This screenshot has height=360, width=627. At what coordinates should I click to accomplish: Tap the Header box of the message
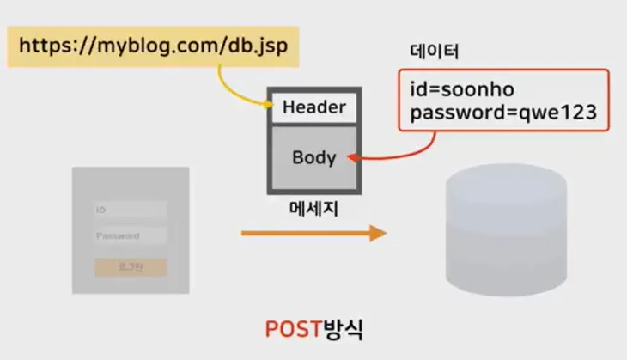[x=314, y=107]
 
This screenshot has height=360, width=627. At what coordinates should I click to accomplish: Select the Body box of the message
[x=314, y=158]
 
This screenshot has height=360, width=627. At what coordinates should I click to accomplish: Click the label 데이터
[x=434, y=52]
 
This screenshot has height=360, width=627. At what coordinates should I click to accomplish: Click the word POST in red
[x=295, y=329]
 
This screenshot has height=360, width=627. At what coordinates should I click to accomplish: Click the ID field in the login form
[x=131, y=210]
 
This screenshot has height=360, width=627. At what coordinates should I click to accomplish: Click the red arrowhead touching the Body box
[x=355, y=157]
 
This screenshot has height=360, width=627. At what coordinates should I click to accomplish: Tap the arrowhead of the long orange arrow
[x=377, y=233]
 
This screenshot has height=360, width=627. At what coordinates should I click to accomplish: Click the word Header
[x=314, y=107]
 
